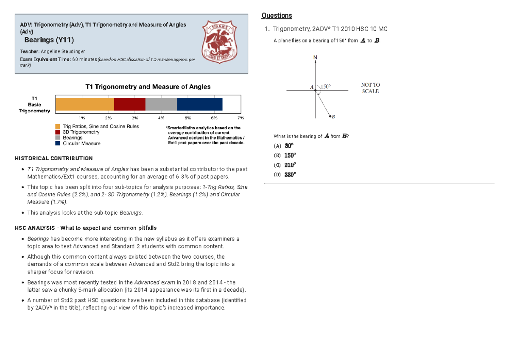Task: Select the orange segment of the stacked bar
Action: [85, 104]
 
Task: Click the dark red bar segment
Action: [130, 104]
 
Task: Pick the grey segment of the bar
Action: [161, 104]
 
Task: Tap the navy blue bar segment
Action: [199, 104]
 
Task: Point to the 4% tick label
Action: [162, 117]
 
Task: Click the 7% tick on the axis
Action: [241, 117]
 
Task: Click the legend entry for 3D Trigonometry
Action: [81, 132]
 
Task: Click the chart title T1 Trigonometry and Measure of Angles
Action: [148, 87]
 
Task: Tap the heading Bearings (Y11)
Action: [49, 40]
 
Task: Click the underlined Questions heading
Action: [277, 16]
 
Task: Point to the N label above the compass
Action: [315, 57]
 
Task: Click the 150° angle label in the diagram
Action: [325, 87]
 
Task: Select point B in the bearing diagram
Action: [330, 116]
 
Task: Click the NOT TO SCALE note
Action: [370, 88]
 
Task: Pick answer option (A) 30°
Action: [285, 145]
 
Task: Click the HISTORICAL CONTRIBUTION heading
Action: [53, 158]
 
